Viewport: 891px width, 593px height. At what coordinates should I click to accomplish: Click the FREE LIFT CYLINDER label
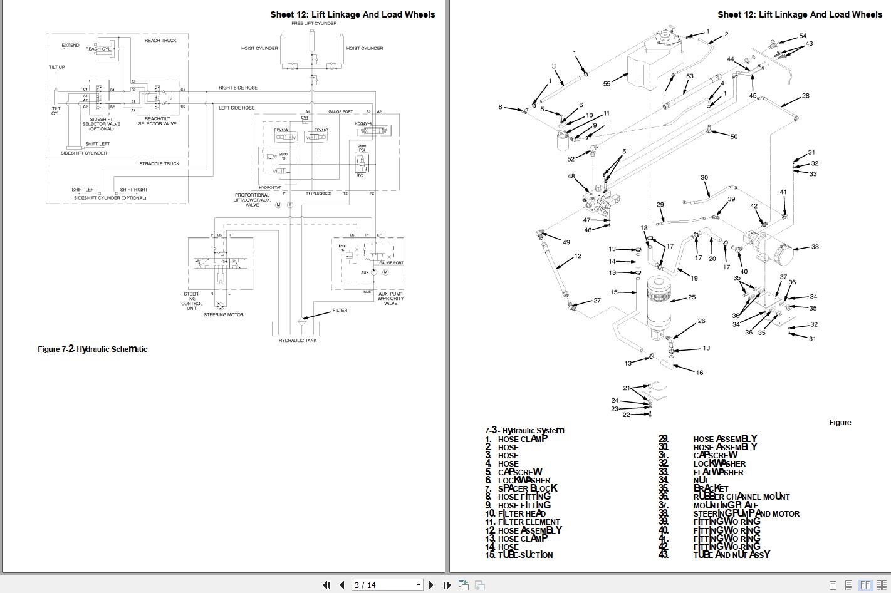point(314,23)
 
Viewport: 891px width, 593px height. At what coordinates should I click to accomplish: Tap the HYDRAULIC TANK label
point(298,341)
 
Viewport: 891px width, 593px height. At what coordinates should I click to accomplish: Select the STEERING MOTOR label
point(224,315)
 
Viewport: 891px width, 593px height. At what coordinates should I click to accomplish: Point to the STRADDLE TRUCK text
point(159,164)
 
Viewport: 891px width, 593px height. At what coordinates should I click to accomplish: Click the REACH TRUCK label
point(160,41)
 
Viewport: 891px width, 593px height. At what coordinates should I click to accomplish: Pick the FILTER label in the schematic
point(340,311)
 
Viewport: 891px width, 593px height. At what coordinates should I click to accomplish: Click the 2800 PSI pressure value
point(283,156)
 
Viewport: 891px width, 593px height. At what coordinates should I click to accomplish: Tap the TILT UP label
point(57,67)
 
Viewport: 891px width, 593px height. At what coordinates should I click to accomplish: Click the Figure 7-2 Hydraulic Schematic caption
point(92,349)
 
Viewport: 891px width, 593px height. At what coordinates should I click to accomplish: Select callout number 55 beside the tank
point(607,84)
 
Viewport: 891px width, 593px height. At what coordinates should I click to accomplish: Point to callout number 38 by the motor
point(815,247)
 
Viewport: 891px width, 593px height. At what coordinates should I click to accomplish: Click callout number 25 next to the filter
point(692,297)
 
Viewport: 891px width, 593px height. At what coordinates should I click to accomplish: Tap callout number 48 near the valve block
point(571,177)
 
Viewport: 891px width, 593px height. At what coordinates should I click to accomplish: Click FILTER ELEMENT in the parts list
point(529,522)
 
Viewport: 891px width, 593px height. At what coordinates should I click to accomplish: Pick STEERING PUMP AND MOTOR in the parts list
point(746,514)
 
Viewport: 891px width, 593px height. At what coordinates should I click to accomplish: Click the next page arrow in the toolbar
point(431,585)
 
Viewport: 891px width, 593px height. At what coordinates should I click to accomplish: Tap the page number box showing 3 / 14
point(387,585)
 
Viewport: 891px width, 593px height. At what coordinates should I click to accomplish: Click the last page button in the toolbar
point(447,585)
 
